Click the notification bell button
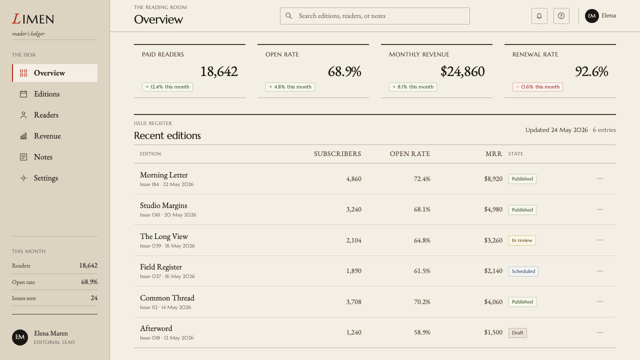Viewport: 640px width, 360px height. pos(539,16)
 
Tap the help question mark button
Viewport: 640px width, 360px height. pos(561,16)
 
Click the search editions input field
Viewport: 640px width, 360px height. pos(374,16)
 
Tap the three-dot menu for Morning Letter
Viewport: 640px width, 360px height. pos(599,178)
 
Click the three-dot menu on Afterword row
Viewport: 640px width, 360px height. pos(599,332)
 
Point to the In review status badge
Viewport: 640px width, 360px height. pos(522,240)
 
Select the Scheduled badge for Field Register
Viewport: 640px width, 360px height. pos(523,271)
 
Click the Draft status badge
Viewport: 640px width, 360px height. pos(517,333)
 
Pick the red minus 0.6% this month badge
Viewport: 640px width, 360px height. pos(537,87)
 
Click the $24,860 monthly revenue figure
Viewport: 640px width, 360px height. pos(462,71)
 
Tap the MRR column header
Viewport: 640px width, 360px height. pos(493,153)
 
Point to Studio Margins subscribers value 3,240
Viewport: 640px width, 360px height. pos(353,209)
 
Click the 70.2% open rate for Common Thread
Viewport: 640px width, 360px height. pos(422,302)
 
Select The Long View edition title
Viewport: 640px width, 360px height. pos(163,236)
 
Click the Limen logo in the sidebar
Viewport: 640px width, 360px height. pos(33,19)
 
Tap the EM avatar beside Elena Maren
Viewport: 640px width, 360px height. pos(20,337)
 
